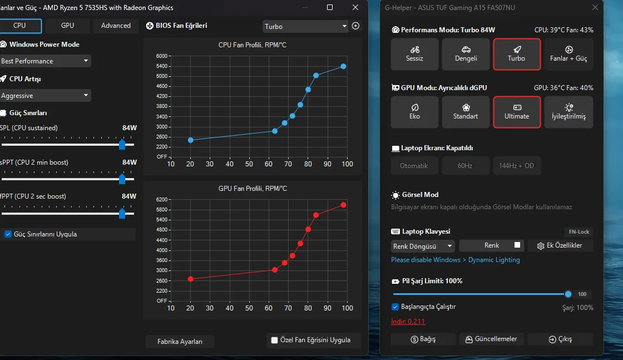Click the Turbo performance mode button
(517, 54)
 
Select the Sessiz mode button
(414, 54)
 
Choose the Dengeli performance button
(466, 54)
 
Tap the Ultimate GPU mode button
(517, 112)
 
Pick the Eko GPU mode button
(414, 112)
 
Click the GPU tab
(67, 26)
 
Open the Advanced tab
(116, 26)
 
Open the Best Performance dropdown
(46, 61)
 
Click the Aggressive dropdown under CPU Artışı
(46, 96)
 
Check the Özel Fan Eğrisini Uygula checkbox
(274, 340)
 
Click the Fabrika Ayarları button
(180, 341)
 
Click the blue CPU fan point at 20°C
(191, 140)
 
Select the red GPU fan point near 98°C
(343, 205)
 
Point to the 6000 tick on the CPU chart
(161, 56)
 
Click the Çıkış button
(560, 339)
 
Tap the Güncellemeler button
(492, 339)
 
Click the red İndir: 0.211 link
(408, 321)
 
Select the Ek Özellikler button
(560, 245)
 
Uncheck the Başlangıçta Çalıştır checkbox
(395, 307)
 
